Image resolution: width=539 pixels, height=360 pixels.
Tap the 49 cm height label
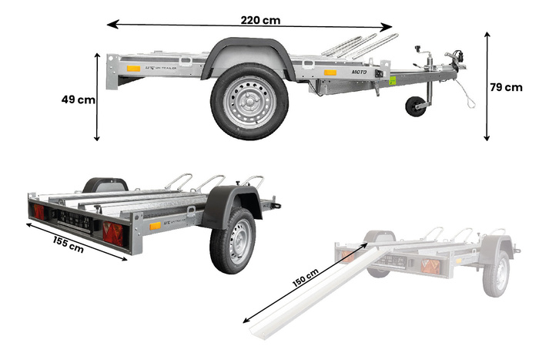(x=79, y=99)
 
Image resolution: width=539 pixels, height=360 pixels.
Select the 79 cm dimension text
(x=506, y=87)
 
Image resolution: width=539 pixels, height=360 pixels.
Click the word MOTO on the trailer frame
(x=359, y=72)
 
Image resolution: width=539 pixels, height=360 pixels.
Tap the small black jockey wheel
(x=416, y=106)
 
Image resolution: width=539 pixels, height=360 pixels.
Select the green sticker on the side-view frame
(x=393, y=80)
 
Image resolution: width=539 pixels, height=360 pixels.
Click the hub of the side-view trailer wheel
(x=249, y=102)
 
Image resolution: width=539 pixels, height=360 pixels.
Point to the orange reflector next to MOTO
(x=330, y=72)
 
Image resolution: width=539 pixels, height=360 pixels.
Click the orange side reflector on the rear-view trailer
(x=156, y=226)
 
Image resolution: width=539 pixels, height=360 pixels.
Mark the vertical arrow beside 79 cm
(x=487, y=86)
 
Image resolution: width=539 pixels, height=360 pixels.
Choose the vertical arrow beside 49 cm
(x=97, y=97)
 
